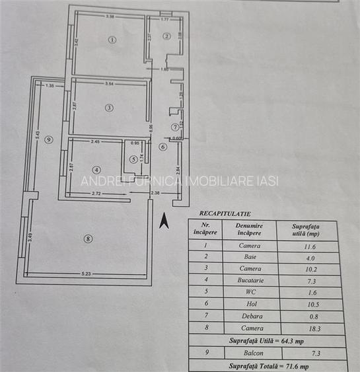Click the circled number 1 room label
tap(112, 40)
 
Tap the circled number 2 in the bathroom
tap(167, 36)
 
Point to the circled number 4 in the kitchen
tap(96, 168)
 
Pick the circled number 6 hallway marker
tap(163, 147)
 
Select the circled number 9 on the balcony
tap(48, 139)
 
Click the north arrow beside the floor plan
tap(165, 217)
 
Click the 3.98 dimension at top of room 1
tap(111, 17)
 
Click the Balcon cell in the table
tap(250, 354)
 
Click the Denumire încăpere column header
tap(250, 229)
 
